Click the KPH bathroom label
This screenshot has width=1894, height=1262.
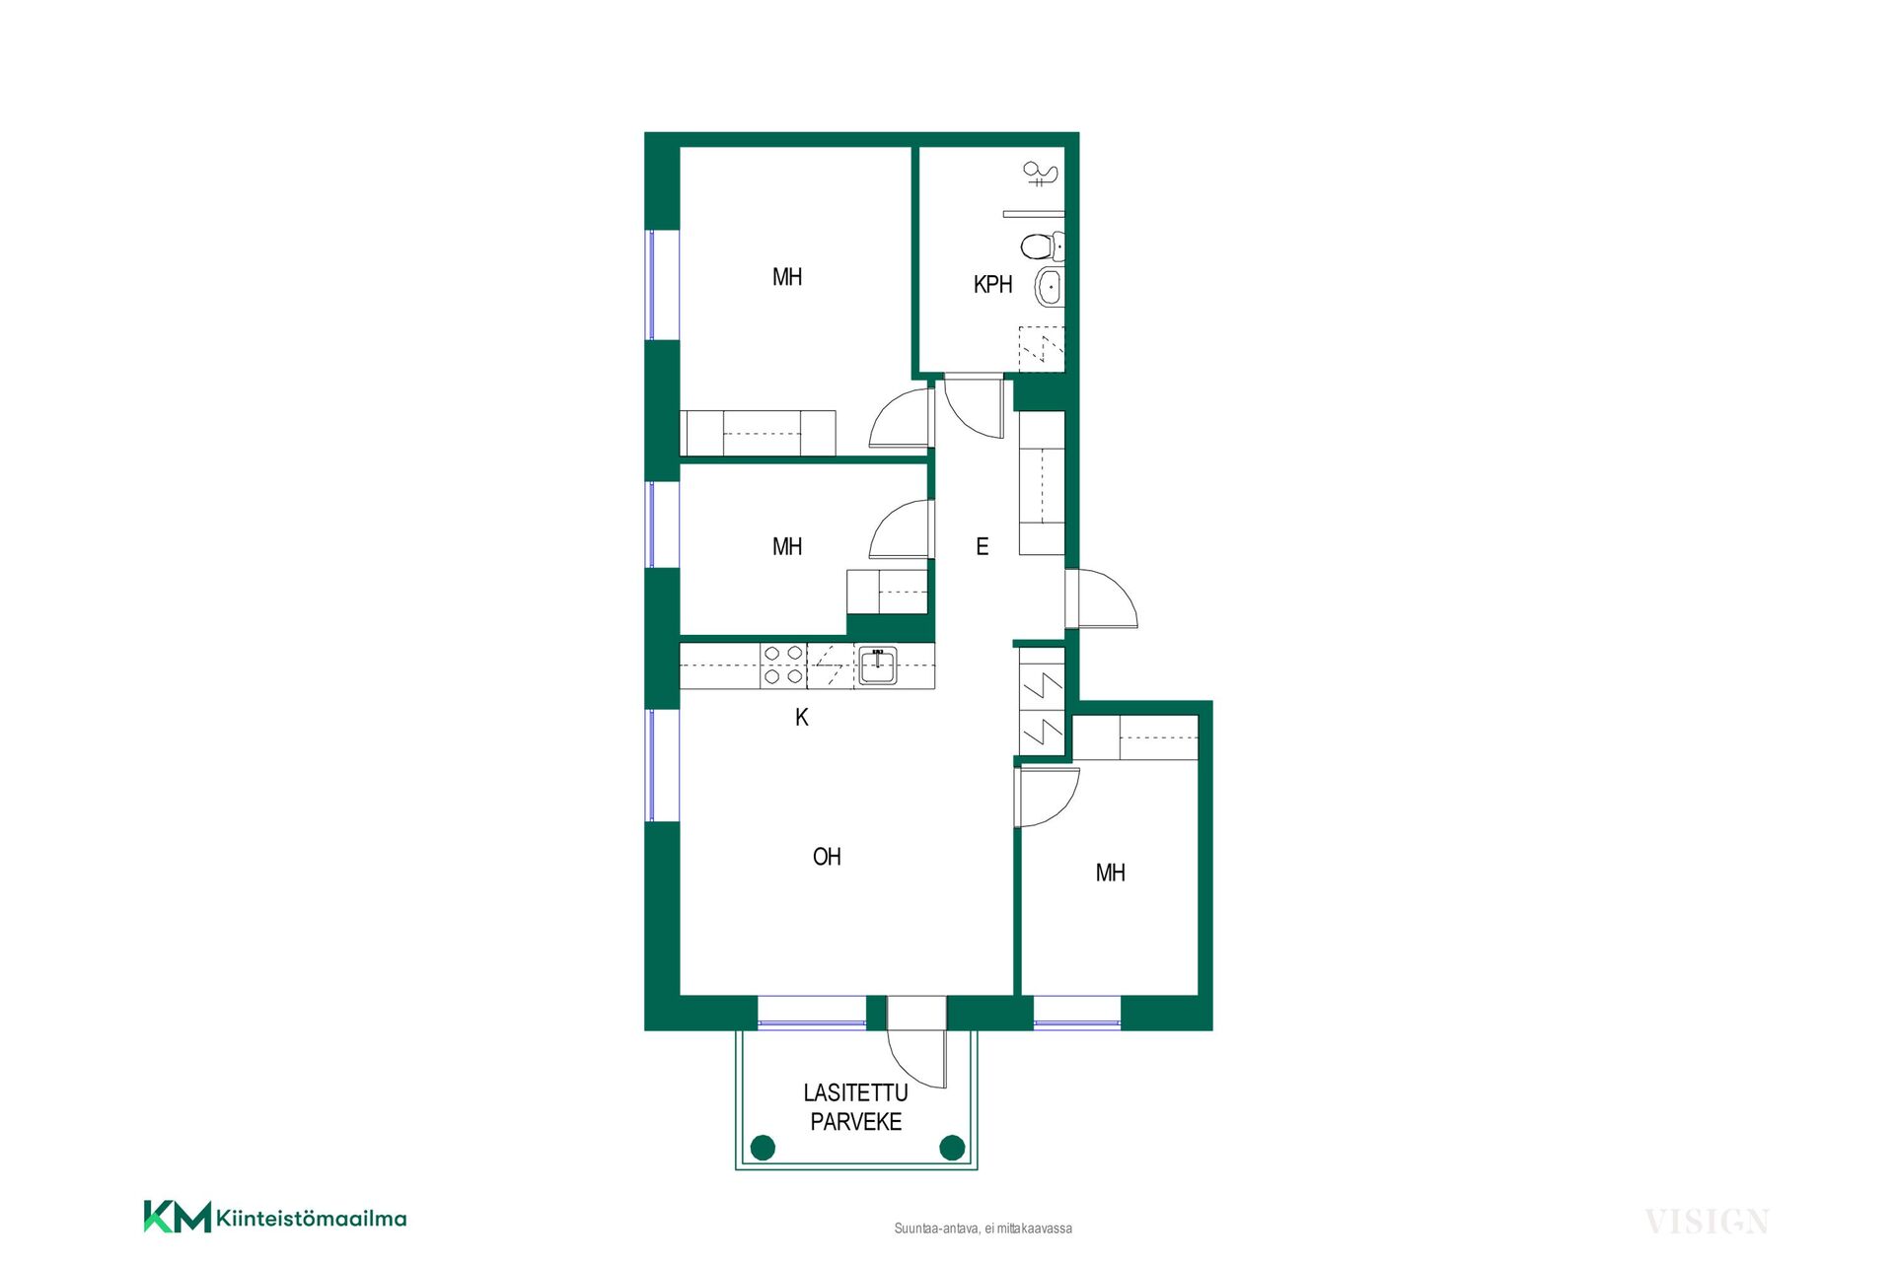point(992,285)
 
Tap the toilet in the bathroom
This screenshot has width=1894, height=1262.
point(1043,245)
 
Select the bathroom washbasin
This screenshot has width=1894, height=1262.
point(1049,288)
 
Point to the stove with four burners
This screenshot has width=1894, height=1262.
point(783,666)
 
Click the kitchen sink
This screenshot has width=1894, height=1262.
point(877,666)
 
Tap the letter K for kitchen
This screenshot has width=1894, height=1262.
point(802,718)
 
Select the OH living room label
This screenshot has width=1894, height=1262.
point(827,857)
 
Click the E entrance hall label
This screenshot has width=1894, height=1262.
point(983,546)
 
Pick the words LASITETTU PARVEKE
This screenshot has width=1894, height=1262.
point(855,1107)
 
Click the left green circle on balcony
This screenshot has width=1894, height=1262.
point(763,1148)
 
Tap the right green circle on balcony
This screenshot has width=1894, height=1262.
point(952,1148)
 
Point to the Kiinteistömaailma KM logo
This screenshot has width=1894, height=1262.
point(275,1218)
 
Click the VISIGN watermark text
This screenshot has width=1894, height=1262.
point(1707,1223)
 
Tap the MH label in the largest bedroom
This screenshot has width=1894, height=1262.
point(787,277)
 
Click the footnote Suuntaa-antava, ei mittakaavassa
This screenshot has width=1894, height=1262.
point(983,1228)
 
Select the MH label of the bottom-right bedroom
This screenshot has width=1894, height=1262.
point(1111,873)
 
